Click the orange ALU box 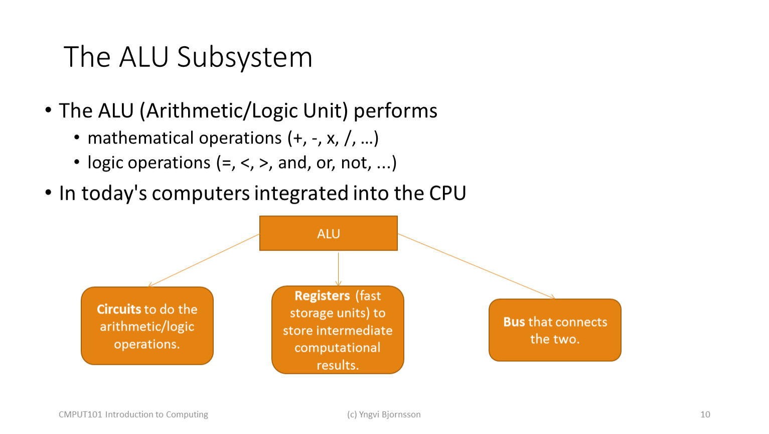tap(328, 234)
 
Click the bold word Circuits tap(119, 309)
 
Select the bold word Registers tap(322, 296)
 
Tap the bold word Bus tap(514, 322)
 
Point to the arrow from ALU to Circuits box tap(204, 260)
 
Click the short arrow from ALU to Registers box tap(338, 269)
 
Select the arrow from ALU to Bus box tap(477, 266)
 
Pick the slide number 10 tap(705, 414)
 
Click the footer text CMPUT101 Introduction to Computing tap(133, 414)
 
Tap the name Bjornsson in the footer tap(401, 414)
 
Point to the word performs tap(395, 111)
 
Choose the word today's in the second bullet tap(114, 193)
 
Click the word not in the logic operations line tap(356, 163)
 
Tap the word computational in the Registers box tap(337, 348)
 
